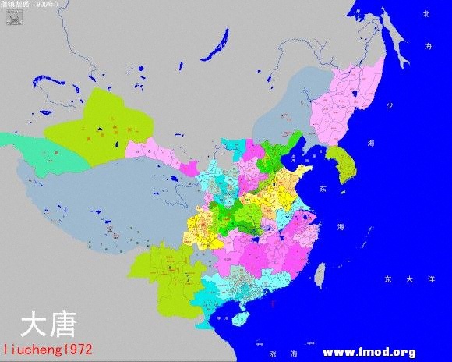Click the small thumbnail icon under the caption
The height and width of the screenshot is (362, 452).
pyautogui.click(x=12, y=17)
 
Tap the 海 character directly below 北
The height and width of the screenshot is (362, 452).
pyautogui.click(x=428, y=47)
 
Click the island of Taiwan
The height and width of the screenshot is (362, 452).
pyautogui.click(x=319, y=271)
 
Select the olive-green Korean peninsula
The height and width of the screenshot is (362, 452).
pyautogui.click(x=340, y=163)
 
